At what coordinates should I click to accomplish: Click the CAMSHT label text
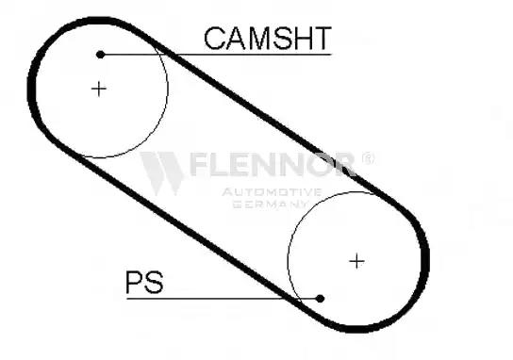coord(268,39)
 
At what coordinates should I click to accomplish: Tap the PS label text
coord(144,282)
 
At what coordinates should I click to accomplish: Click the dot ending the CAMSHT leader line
coord(101,55)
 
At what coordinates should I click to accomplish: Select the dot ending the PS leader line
coord(320,298)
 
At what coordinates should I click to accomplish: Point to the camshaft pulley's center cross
coord(99,89)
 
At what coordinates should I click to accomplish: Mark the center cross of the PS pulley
coord(356,261)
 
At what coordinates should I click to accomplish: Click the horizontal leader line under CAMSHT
coord(216,55)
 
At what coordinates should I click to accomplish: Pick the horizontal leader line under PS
coord(223,298)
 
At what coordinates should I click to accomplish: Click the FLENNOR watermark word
coord(273,164)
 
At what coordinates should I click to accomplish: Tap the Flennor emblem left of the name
coord(162,172)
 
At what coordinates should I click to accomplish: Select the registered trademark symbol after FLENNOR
coord(368,158)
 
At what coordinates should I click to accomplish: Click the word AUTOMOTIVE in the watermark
coord(272,192)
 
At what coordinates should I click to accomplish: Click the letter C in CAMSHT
coord(214,39)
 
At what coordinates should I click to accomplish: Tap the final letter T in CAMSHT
coord(322,39)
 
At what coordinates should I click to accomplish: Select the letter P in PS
coord(134,282)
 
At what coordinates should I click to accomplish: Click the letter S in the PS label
coord(154,282)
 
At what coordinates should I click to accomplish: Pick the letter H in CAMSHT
coord(302,39)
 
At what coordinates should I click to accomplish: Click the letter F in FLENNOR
coord(197,164)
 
